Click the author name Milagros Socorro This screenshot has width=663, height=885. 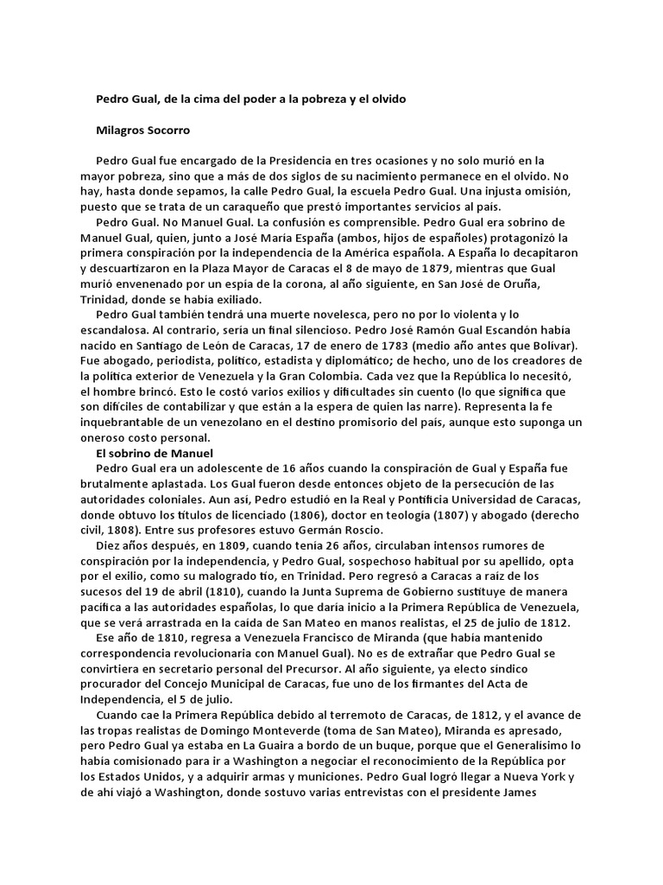[142, 131]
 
